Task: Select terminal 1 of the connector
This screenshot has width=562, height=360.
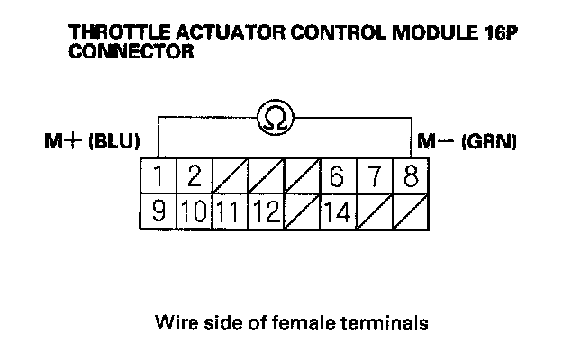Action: [x=159, y=176]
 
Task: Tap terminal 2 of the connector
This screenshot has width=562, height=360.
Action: [x=194, y=176]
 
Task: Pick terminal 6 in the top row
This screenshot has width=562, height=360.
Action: [x=337, y=176]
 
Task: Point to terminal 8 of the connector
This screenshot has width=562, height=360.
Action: [x=410, y=176]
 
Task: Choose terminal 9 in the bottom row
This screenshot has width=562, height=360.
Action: [x=159, y=213]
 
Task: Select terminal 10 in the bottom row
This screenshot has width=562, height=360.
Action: [x=194, y=213]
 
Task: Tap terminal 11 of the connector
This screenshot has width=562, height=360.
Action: [x=229, y=213]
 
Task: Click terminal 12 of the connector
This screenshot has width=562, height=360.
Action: [x=265, y=213]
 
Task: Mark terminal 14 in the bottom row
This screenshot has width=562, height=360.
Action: [x=337, y=213]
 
